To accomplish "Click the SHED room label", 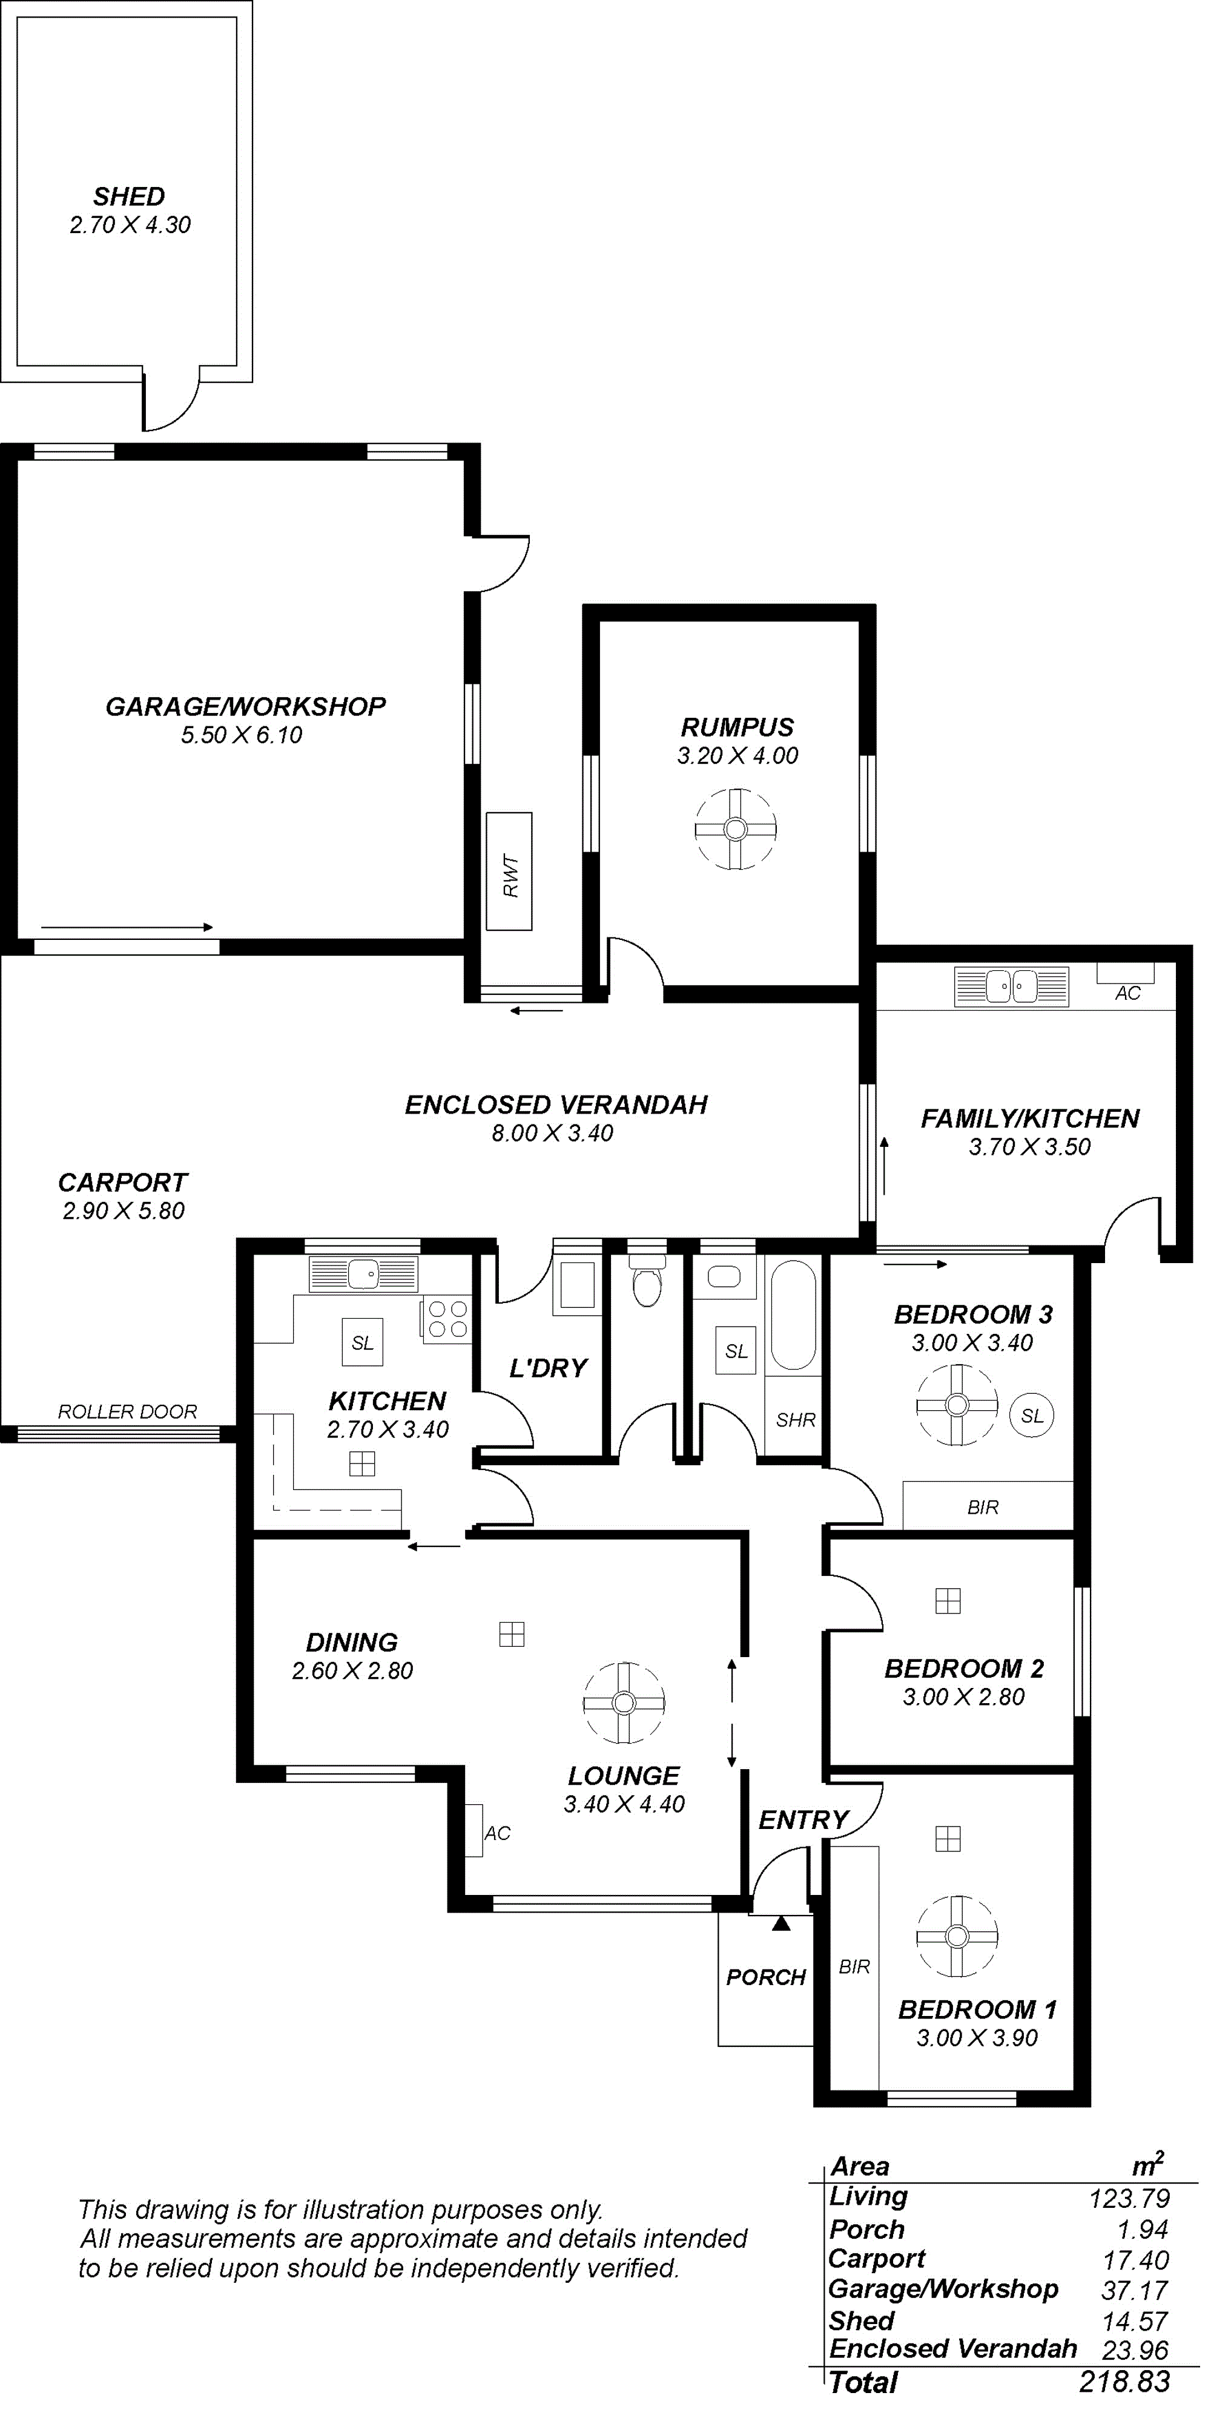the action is pos(129,197).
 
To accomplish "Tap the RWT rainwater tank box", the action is pos(509,871).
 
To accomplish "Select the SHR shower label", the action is pos(796,1419).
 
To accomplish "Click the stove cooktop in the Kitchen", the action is pos(446,1319).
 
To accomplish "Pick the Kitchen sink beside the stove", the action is pos(364,1274).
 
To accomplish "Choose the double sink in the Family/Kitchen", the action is pos(1011,986).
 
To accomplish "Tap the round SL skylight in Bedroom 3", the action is pos(1031,1416).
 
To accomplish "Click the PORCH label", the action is pos(765,1977).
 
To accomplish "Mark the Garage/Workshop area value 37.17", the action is pos(1134,2290).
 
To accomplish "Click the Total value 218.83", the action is pos(1124,2381).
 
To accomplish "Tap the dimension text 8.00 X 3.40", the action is pos(552,1133).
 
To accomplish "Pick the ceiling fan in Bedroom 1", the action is pos(957,1936).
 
